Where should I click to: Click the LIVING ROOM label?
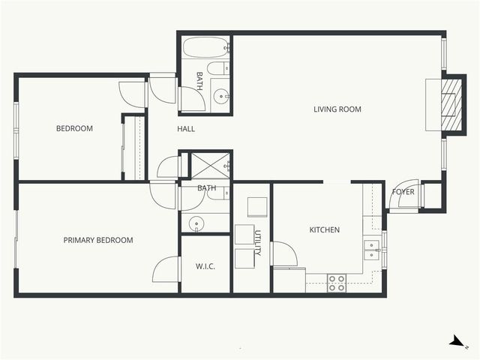pyautogui.click(x=337, y=109)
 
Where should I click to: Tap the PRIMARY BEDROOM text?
pyautogui.click(x=98, y=240)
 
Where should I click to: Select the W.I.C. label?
pyautogui.click(x=205, y=266)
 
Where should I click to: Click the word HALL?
pyautogui.click(x=186, y=129)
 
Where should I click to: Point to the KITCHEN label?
pyautogui.click(x=325, y=229)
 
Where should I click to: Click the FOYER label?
pyautogui.click(x=403, y=192)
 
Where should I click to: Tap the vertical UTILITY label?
pyautogui.click(x=257, y=244)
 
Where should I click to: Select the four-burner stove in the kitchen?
pyautogui.click(x=337, y=283)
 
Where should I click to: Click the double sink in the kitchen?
pyautogui.click(x=370, y=249)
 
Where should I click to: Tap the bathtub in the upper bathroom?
pyautogui.click(x=205, y=47)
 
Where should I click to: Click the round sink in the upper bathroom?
pyautogui.click(x=221, y=96)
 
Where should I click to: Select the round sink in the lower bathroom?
pyautogui.click(x=196, y=223)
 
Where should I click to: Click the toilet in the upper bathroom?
pyautogui.click(x=217, y=70)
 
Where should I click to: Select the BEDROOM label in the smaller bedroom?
pyautogui.click(x=74, y=128)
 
